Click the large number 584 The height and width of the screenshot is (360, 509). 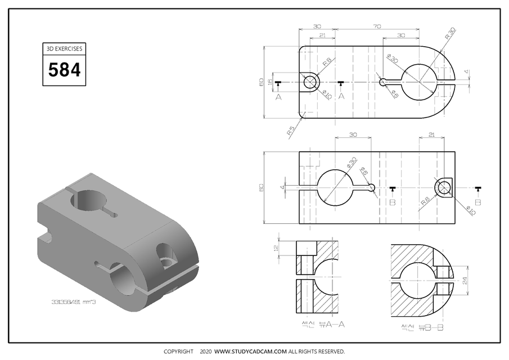coord(64,70)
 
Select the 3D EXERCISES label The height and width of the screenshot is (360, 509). coord(64,48)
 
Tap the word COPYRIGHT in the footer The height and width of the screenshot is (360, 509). coord(179,352)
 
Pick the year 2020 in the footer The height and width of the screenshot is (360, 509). coord(205,352)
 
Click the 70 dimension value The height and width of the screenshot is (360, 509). coord(376,26)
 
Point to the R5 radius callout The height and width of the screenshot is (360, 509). coord(291,130)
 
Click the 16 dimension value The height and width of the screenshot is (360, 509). coord(269,82)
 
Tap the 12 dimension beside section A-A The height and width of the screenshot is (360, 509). coord(276,248)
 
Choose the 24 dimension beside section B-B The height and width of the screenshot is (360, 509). coord(465,280)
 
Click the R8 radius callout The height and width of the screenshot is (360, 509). coord(426,200)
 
